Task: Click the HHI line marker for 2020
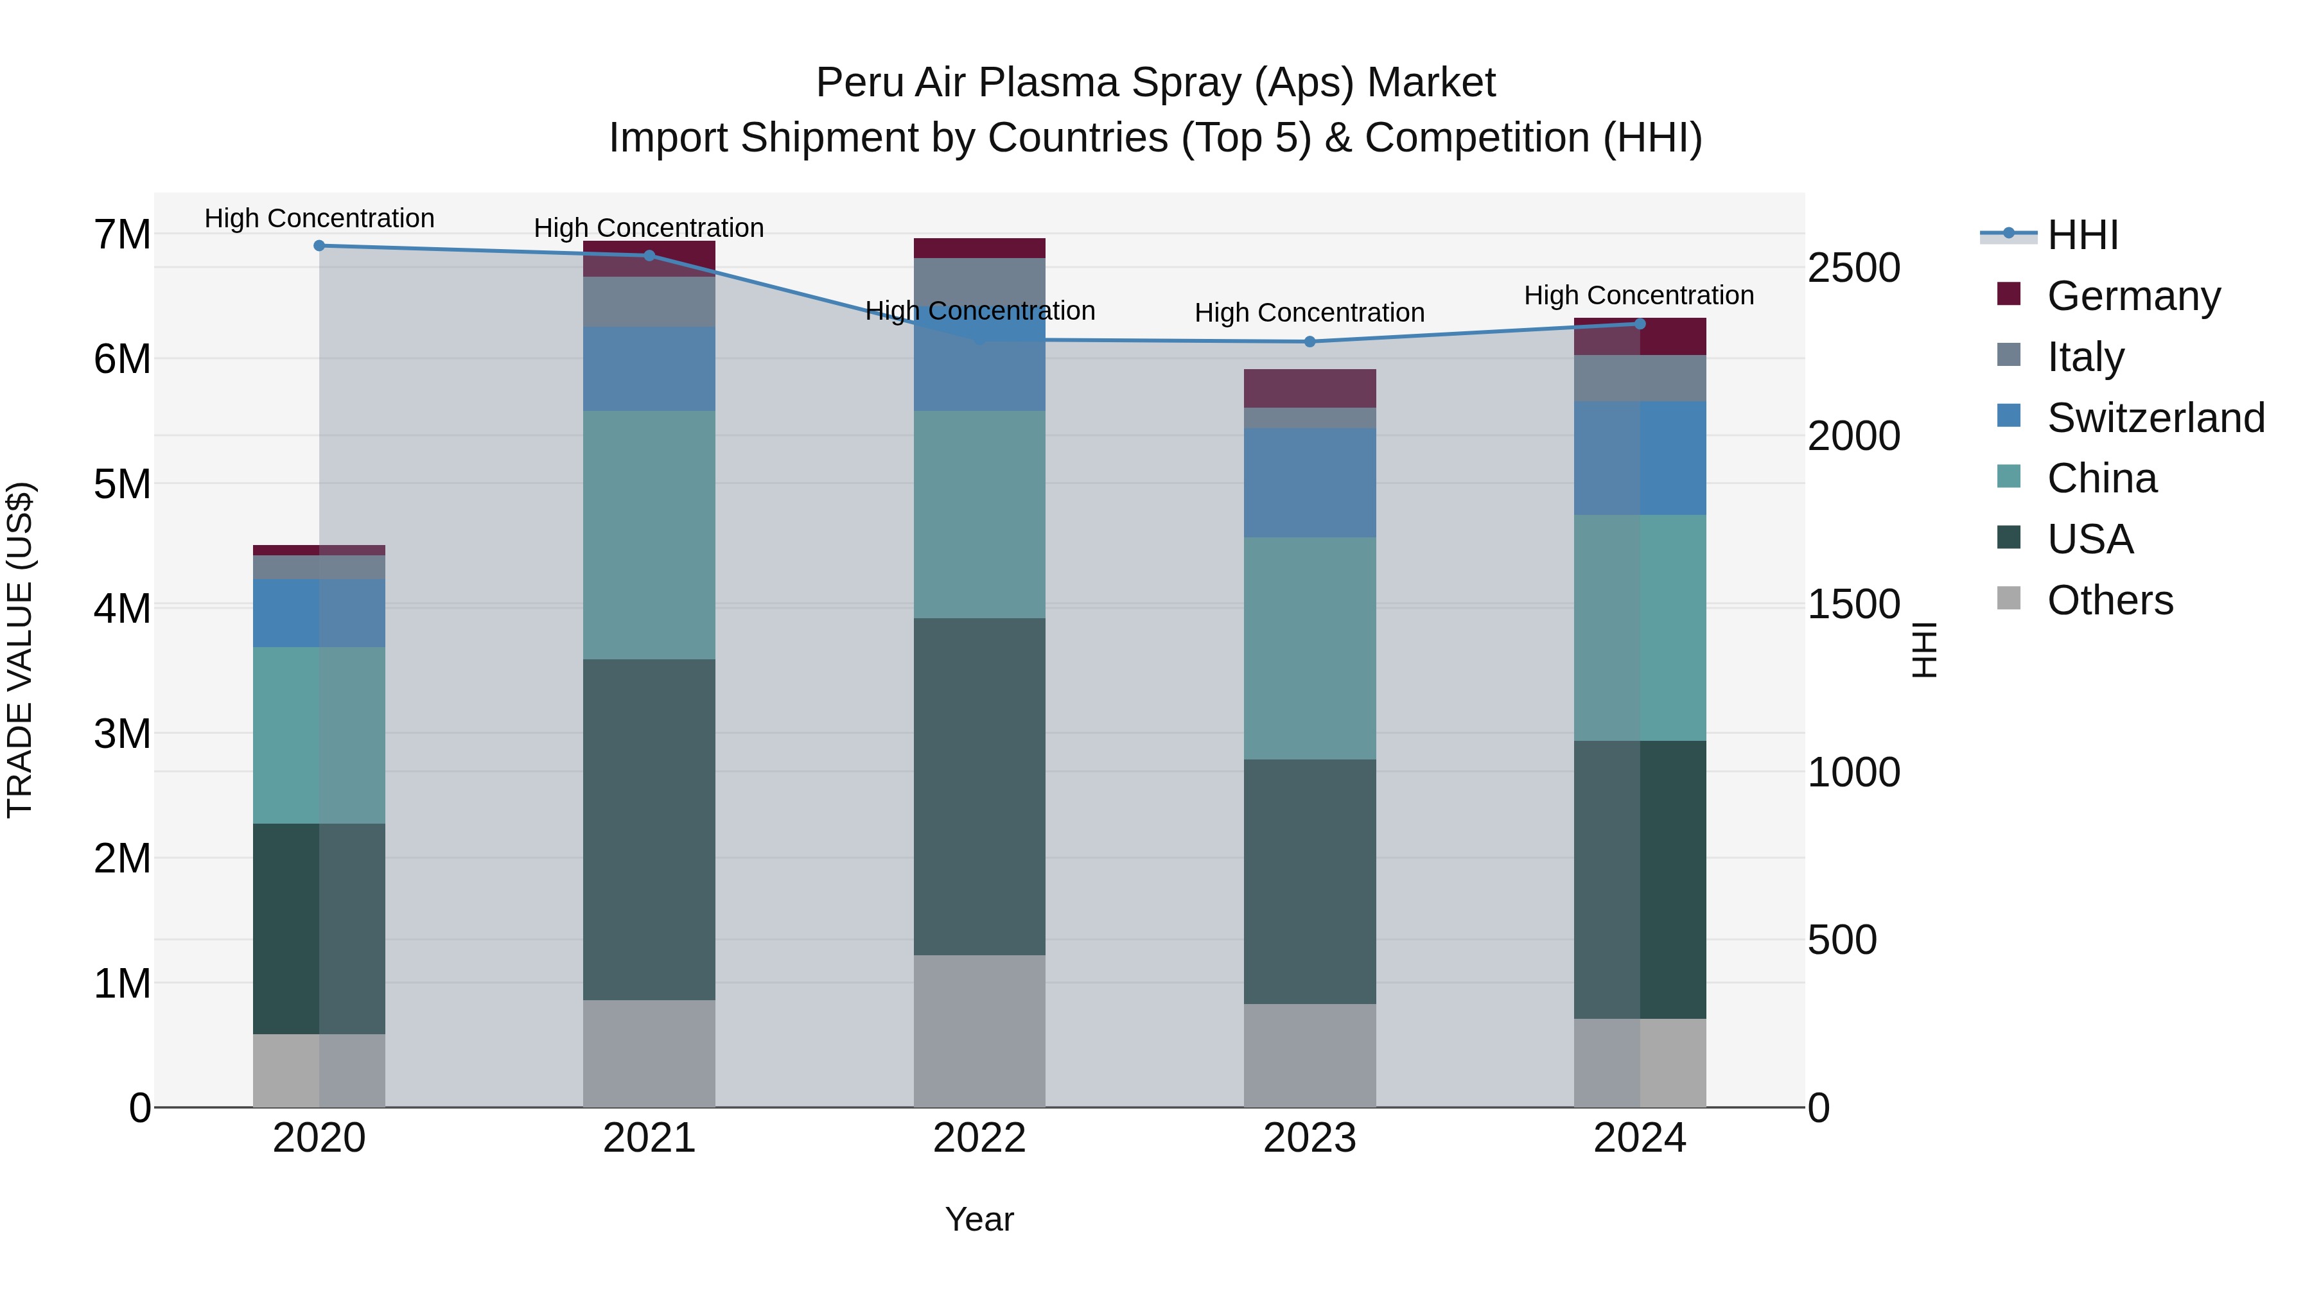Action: [x=320, y=246]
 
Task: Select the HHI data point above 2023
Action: [x=1309, y=342]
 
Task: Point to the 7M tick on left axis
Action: [x=122, y=235]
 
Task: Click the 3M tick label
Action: [x=122, y=734]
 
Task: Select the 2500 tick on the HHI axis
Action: [x=1853, y=268]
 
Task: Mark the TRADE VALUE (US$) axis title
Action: [x=20, y=650]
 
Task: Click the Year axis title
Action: [x=979, y=1219]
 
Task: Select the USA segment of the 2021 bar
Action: [x=649, y=830]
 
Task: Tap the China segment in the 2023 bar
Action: [x=1309, y=648]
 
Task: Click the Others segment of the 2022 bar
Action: [x=979, y=1031]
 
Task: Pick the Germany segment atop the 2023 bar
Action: [x=1309, y=388]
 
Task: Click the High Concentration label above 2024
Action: [x=1639, y=295]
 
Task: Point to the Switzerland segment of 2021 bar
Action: [x=649, y=368]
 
